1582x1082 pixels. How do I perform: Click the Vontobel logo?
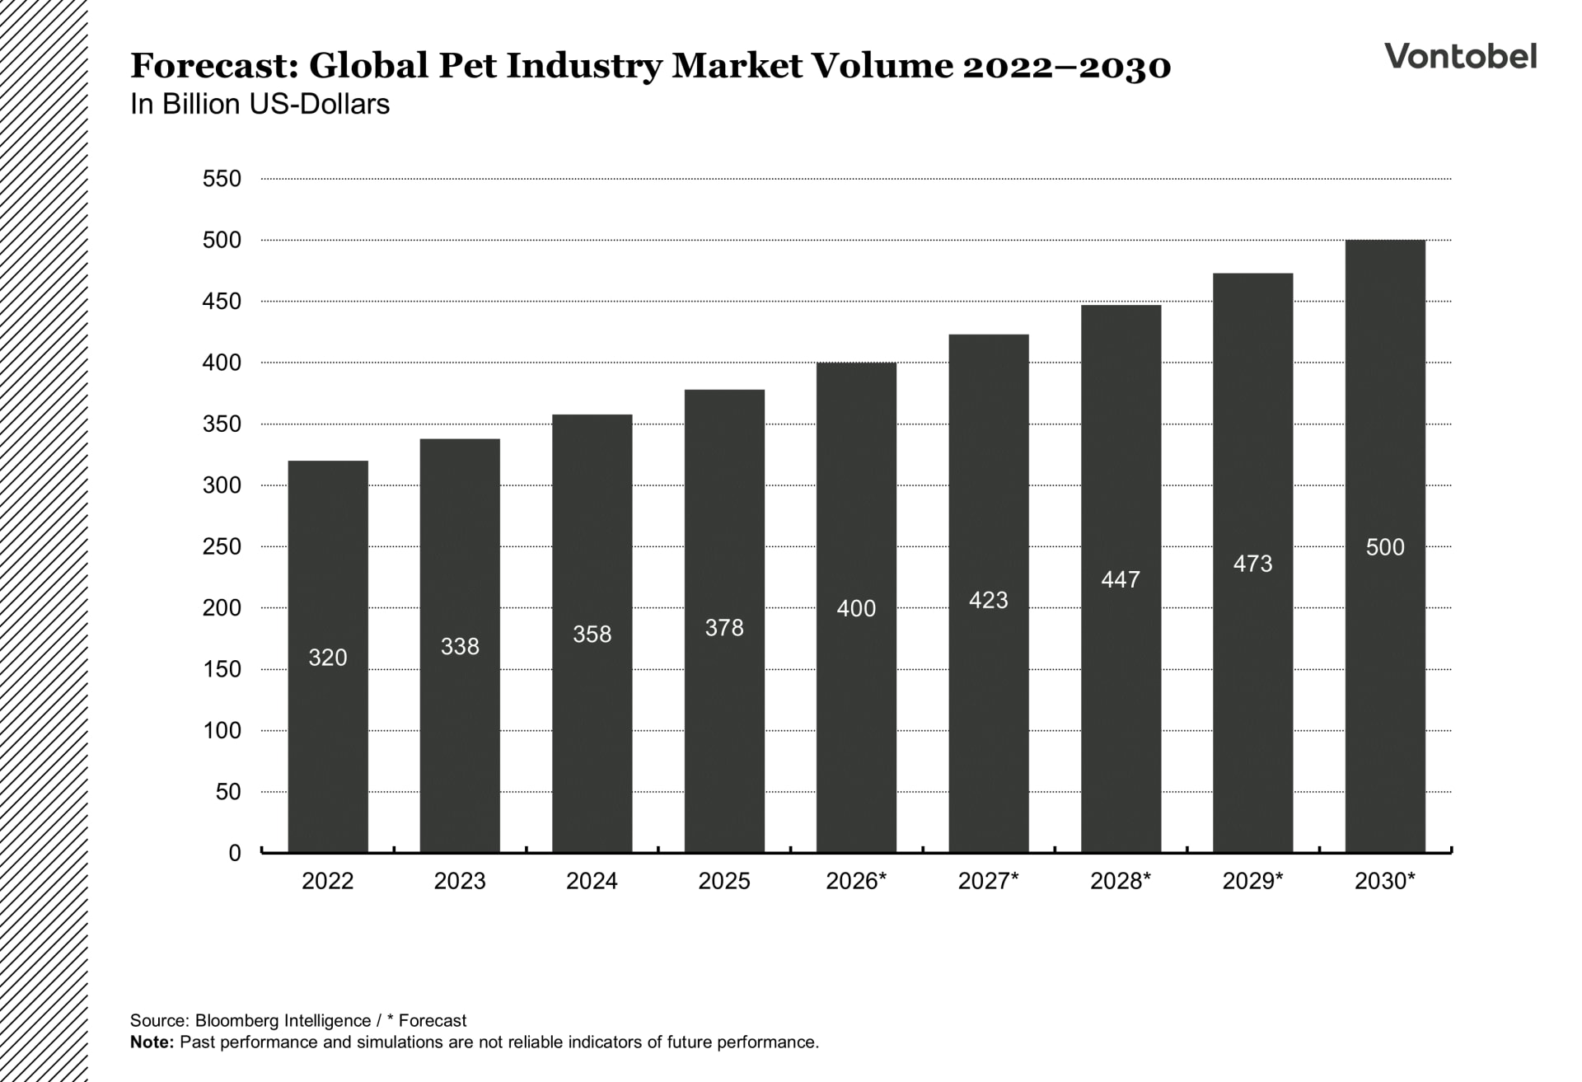click(1460, 56)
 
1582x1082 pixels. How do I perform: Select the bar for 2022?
click(328, 742)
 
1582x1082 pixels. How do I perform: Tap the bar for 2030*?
click(1384, 700)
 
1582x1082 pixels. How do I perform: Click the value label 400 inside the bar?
click(856, 609)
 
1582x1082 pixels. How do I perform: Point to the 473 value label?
click(1252, 564)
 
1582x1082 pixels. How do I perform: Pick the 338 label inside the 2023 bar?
click(460, 647)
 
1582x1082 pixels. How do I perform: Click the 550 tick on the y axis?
click(222, 179)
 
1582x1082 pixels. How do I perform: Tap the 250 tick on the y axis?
click(222, 546)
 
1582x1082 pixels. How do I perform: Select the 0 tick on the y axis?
click(235, 853)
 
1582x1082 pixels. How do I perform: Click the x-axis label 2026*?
click(856, 881)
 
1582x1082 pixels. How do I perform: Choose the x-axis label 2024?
click(592, 881)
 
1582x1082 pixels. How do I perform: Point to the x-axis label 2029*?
click(1252, 881)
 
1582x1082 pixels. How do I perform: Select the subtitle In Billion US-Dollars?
click(260, 105)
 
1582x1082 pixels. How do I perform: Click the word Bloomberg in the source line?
click(236, 1021)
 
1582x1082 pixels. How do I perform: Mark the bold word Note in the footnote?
click(151, 1042)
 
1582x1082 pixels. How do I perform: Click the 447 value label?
click(1121, 580)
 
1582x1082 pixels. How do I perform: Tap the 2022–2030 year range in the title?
click(1066, 66)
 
